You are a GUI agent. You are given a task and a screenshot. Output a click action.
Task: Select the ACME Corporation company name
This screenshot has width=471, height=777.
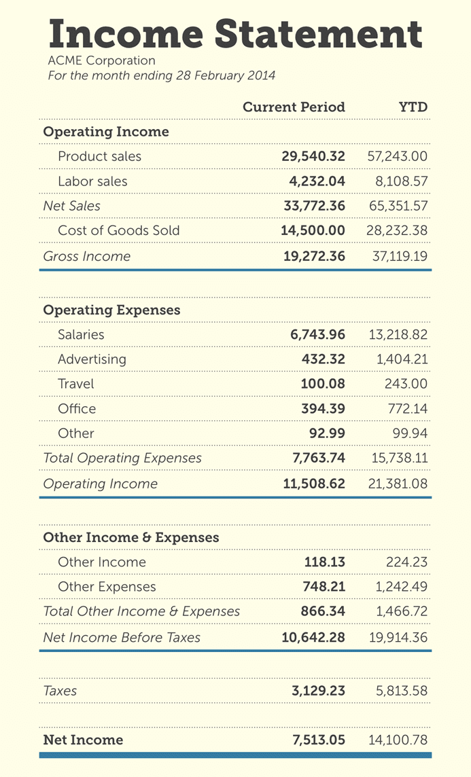pyautogui.click(x=101, y=61)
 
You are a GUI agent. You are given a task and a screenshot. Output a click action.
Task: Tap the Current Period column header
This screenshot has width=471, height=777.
pyautogui.click(x=294, y=107)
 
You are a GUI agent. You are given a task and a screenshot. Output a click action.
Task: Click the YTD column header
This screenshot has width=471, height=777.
pyautogui.click(x=413, y=107)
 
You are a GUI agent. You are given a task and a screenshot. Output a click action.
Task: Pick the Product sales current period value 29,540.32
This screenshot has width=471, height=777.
pyautogui.click(x=313, y=156)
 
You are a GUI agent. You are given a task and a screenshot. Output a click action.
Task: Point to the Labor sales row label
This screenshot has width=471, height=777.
pyautogui.click(x=92, y=181)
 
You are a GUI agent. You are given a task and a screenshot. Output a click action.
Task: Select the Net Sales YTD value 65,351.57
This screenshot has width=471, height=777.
pyautogui.click(x=398, y=206)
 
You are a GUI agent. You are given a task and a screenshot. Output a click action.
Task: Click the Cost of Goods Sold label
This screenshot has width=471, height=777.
pyautogui.click(x=119, y=230)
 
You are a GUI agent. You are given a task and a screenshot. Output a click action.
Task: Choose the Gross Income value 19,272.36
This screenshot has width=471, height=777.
pyautogui.click(x=314, y=255)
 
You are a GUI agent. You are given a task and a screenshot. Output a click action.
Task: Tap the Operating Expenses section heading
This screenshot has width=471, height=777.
pyautogui.click(x=111, y=310)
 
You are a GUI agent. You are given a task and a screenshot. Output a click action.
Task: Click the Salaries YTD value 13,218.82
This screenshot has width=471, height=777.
pyautogui.click(x=398, y=334)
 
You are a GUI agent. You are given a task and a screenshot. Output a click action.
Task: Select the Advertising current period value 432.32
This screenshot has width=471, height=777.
pyautogui.click(x=323, y=359)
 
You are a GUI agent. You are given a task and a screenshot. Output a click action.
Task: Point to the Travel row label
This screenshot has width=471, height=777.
pyautogui.click(x=76, y=384)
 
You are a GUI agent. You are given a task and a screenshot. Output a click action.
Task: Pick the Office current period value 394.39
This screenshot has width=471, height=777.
pyautogui.click(x=323, y=409)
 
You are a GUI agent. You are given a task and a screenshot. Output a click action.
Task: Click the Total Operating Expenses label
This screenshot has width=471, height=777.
pyautogui.click(x=122, y=458)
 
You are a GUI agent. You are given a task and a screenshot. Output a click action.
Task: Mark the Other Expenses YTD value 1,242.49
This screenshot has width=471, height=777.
pyautogui.click(x=402, y=587)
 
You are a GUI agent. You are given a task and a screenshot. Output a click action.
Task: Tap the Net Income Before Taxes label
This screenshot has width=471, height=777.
pyautogui.click(x=122, y=637)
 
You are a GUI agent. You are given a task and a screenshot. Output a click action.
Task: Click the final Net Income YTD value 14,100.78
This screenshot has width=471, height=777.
pyautogui.click(x=398, y=740)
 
